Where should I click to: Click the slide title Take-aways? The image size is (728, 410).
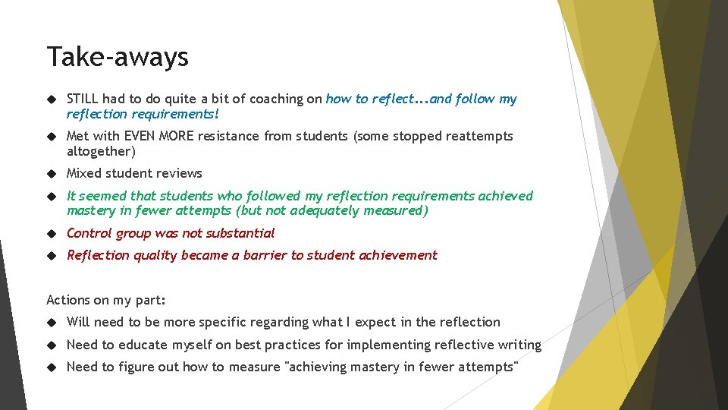118,57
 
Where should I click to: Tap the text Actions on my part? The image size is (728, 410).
106,300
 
